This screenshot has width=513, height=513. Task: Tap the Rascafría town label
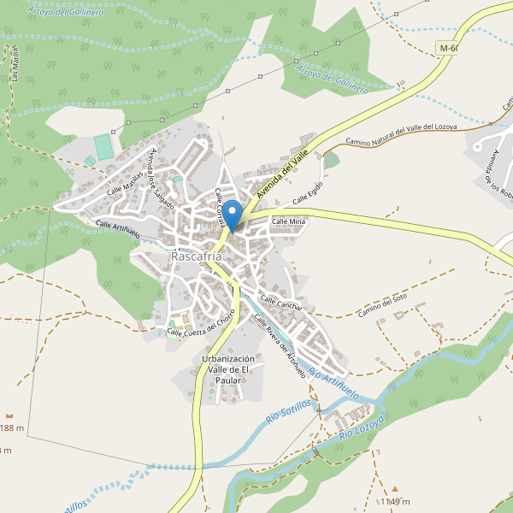click(x=197, y=256)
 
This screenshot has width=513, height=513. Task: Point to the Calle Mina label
click(x=288, y=222)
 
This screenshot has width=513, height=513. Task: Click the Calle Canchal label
click(x=281, y=304)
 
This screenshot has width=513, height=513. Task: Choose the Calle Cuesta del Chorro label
click(x=201, y=326)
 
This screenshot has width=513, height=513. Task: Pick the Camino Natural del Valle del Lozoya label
click(x=401, y=134)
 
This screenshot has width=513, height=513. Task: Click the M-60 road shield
click(x=450, y=49)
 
